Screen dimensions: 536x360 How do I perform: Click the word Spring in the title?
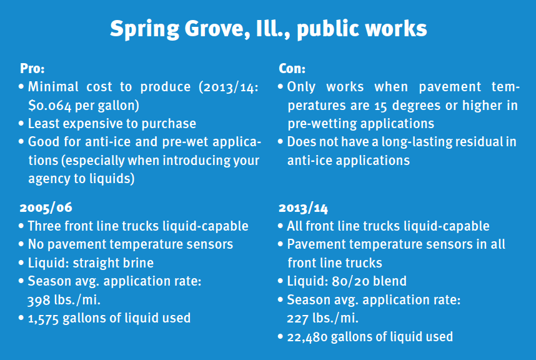144,29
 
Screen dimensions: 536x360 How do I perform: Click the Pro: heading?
32,68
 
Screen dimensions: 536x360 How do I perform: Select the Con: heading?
292,68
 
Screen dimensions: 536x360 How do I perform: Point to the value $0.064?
50,105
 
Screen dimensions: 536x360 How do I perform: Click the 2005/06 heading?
46,207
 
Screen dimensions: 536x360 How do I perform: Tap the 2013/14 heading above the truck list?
303,208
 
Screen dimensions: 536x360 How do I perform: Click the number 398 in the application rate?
39,300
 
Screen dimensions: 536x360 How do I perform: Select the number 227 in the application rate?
297,318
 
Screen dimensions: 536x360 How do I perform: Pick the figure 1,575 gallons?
43,318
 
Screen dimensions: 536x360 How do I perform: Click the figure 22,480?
307,337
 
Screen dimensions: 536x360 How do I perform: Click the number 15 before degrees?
380,106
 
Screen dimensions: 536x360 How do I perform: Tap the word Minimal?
53,86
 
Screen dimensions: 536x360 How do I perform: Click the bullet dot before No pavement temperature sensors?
21,244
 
